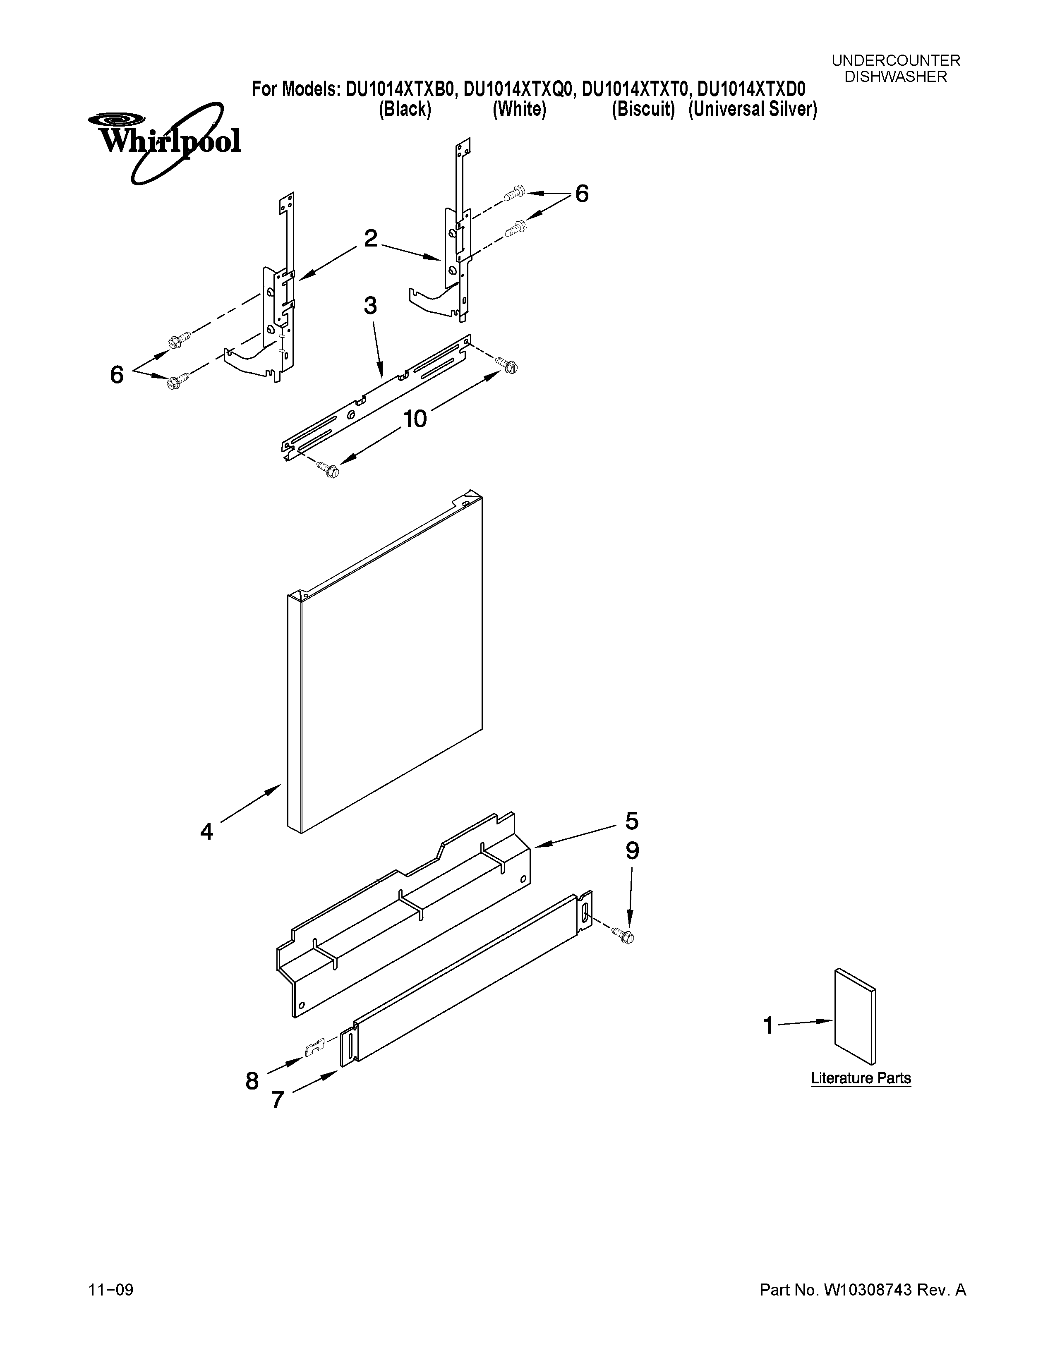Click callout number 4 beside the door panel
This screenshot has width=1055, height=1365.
click(x=207, y=831)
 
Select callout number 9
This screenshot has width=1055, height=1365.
click(x=632, y=851)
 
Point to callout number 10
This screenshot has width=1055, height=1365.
click(x=415, y=419)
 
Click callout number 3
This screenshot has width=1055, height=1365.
click(x=370, y=306)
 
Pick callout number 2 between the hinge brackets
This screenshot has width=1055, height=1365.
click(x=371, y=238)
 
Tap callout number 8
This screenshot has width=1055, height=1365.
click(x=252, y=1080)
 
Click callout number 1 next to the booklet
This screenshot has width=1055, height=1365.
click(x=768, y=1026)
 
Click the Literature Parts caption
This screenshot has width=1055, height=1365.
click(x=861, y=1078)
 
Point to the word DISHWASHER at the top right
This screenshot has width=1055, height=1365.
click(x=896, y=77)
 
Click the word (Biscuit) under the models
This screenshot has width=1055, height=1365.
click(x=643, y=109)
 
